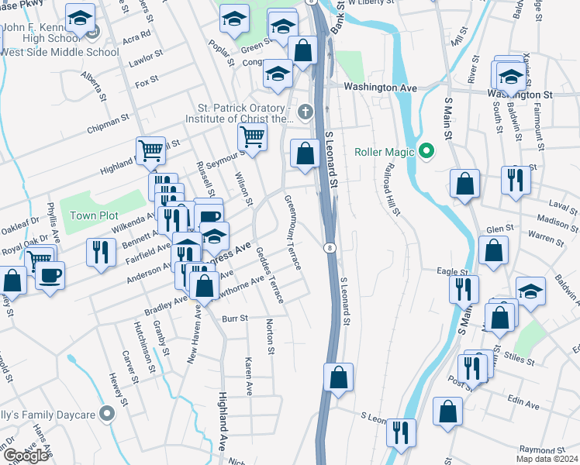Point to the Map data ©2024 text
pos(547,459)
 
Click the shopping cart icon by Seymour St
pos(252,137)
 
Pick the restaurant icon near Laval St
pos(516,181)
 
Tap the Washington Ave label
pos(381,88)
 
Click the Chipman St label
pos(108,122)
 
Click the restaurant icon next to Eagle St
pos(463,289)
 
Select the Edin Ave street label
pos(523,405)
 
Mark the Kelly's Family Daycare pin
pos(108,415)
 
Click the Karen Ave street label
pos(249,374)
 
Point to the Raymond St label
pos(541,449)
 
